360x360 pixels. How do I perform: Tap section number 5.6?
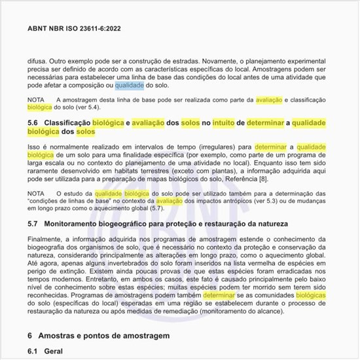point(33,122)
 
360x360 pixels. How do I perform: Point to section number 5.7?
point(33,224)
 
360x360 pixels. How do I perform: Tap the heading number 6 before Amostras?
point(30,335)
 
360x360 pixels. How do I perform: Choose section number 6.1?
point(33,351)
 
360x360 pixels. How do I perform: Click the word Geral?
point(62,351)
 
